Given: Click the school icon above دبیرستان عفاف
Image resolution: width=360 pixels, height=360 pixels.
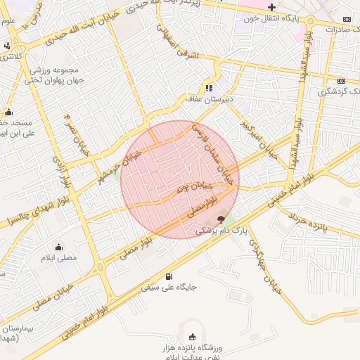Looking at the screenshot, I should click(209, 88).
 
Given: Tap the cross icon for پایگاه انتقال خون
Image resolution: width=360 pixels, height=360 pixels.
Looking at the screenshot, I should click(272, 7).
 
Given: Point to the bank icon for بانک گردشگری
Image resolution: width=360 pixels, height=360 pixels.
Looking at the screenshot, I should click(342, 80).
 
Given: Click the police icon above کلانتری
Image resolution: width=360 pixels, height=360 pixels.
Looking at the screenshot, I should click(7, 46).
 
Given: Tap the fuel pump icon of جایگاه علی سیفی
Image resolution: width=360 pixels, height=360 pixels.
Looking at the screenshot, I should click(168, 276).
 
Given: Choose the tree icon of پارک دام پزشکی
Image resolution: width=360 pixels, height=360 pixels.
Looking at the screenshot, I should click(221, 220).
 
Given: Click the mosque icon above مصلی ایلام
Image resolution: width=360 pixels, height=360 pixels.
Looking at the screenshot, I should click(58, 247).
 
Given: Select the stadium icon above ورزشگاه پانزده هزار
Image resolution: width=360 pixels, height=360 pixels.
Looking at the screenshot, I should click(192, 334).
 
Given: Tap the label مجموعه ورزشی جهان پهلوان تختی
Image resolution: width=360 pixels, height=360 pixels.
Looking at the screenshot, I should click(55, 76).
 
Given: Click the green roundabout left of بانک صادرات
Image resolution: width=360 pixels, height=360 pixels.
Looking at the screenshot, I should click(310, 27).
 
